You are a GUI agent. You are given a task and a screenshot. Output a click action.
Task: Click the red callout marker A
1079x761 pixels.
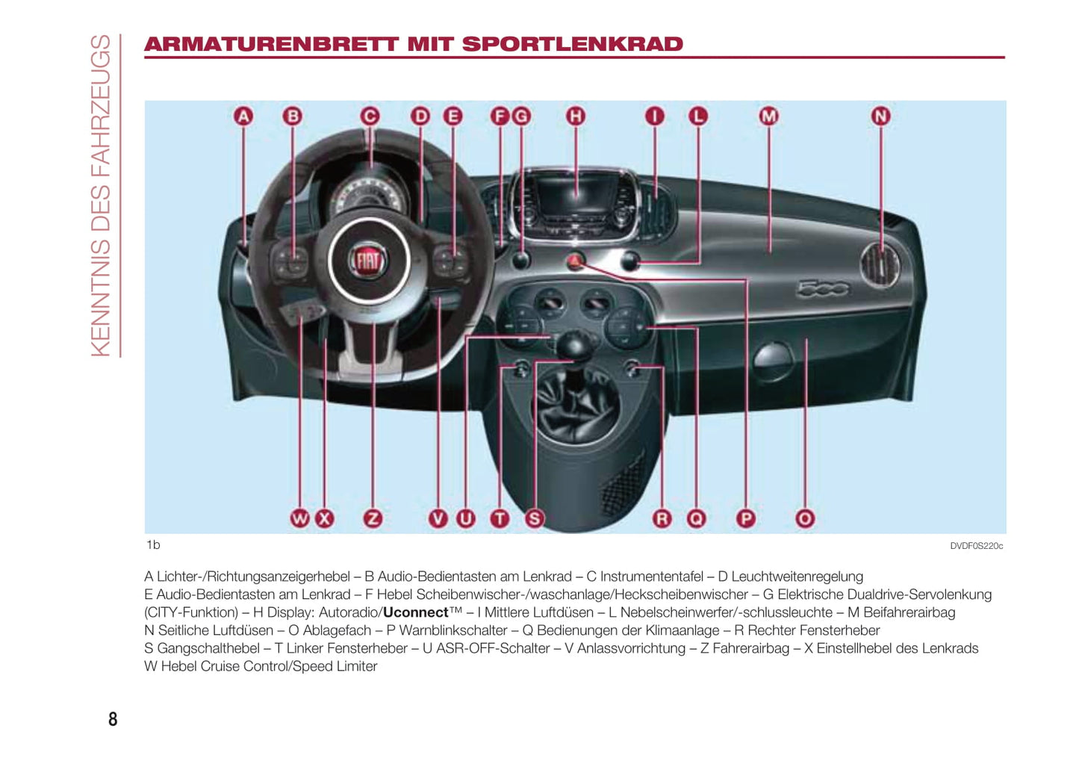(243, 116)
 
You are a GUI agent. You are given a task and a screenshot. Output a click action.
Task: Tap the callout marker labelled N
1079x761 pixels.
(880, 116)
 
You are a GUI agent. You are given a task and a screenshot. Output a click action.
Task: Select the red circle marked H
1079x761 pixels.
(575, 116)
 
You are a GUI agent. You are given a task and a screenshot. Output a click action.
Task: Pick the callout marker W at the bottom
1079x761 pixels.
(299, 518)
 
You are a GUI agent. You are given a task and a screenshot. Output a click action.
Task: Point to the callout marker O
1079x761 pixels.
(804, 518)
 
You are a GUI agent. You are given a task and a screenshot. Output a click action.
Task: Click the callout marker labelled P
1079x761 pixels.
(745, 518)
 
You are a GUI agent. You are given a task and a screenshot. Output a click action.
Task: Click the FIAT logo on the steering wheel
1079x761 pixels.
(368, 261)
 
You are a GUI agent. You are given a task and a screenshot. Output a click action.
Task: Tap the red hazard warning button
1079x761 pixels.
(574, 261)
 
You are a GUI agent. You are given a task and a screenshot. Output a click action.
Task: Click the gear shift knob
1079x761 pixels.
(573, 344)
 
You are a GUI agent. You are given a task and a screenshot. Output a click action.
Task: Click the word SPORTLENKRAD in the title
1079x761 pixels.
(572, 44)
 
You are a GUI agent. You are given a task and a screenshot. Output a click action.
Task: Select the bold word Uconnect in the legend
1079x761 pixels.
(415, 612)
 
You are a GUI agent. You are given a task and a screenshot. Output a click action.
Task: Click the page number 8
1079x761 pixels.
(113, 718)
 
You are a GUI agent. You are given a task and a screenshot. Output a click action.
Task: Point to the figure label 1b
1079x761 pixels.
(153, 545)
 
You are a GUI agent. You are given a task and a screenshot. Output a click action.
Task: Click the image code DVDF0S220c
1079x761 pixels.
(976, 546)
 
